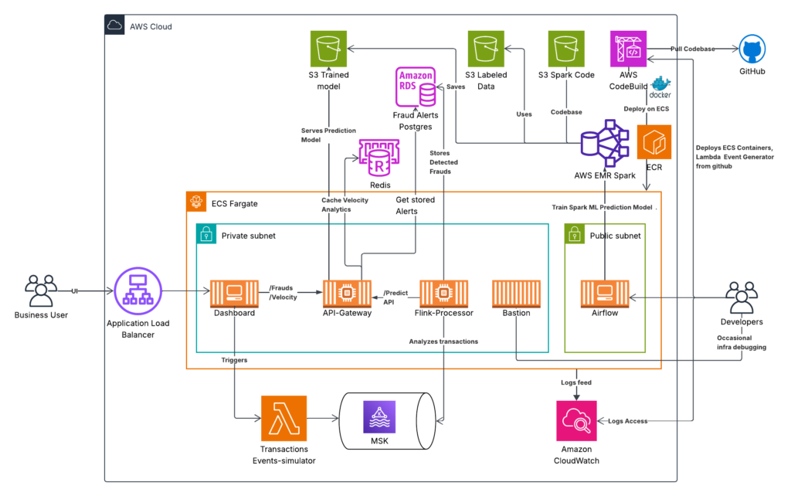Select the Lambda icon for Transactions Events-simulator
click(x=283, y=419)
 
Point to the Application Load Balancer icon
click(x=136, y=291)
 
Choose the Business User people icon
click(x=41, y=291)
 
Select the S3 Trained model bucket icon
click(x=328, y=49)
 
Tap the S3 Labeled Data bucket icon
click(x=486, y=49)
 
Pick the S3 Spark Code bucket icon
click(x=566, y=49)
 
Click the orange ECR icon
click(x=654, y=143)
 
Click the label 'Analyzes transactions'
click(x=443, y=341)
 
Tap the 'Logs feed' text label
click(x=576, y=382)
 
